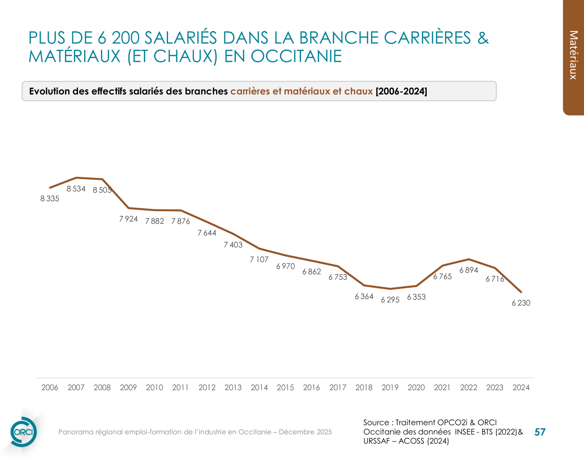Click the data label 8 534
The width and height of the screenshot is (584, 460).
pos(76,189)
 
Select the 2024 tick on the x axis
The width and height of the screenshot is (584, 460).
pos(521,388)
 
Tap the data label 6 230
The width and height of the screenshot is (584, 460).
pos(521,303)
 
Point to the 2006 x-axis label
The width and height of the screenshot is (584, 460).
pos(50,388)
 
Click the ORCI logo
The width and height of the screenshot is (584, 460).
pos(23,432)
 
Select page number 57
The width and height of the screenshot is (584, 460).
pos(539,432)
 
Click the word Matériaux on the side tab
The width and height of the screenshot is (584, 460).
pos(573,55)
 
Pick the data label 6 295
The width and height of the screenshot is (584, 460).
pos(390,300)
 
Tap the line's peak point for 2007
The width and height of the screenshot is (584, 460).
pos(76,178)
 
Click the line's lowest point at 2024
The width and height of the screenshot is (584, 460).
pos(521,292)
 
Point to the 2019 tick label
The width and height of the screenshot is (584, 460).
pos(390,388)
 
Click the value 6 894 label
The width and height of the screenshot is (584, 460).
pos(469,270)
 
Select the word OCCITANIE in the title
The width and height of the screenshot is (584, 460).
pos(296,56)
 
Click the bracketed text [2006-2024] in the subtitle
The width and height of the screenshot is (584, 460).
pos(401,91)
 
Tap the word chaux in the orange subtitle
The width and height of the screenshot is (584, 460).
pos(358,91)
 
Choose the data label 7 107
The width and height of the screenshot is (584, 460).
pos(259,260)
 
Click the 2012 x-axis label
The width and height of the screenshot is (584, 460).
pos(207,388)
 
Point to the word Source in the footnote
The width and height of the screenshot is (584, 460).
pos(376,422)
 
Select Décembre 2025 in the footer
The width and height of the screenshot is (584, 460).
pos(305,432)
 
